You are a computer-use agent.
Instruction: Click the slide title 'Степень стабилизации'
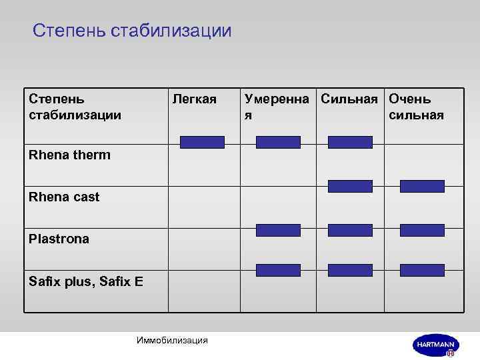pyautogui.click(x=132, y=31)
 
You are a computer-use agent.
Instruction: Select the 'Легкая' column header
pyautogui.click(x=195, y=99)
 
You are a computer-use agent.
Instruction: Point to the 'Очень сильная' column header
pyautogui.click(x=416, y=107)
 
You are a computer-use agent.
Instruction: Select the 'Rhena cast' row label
pyautogui.click(x=64, y=197)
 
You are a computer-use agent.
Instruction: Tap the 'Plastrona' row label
pyautogui.click(x=59, y=239)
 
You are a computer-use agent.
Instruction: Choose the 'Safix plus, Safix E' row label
pyautogui.click(x=86, y=281)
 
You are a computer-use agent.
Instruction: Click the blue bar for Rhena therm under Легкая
pyautogui.click(x=203, y=142)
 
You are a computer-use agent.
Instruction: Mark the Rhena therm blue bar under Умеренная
pyautogui.click(x=279, y=142)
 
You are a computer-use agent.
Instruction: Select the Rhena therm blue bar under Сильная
pyautogui.click(x=350, y=142)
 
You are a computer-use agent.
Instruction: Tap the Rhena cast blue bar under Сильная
pyautogui.click(x=350, y=186)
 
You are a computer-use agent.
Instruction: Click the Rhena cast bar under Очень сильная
pyautogui.click(x=422, y=186)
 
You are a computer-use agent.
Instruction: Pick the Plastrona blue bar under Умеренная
pyautogui.click(x=279, y=230)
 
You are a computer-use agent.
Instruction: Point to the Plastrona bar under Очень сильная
pyautogui.click(x=422, y=230)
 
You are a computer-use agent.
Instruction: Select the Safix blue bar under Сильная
pyautogui.click(x=350, y=270)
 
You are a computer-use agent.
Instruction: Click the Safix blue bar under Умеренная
pyautogui.click(x=279, y=270)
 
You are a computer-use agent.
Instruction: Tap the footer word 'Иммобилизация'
pyautogui.click(x=172, y=341)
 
